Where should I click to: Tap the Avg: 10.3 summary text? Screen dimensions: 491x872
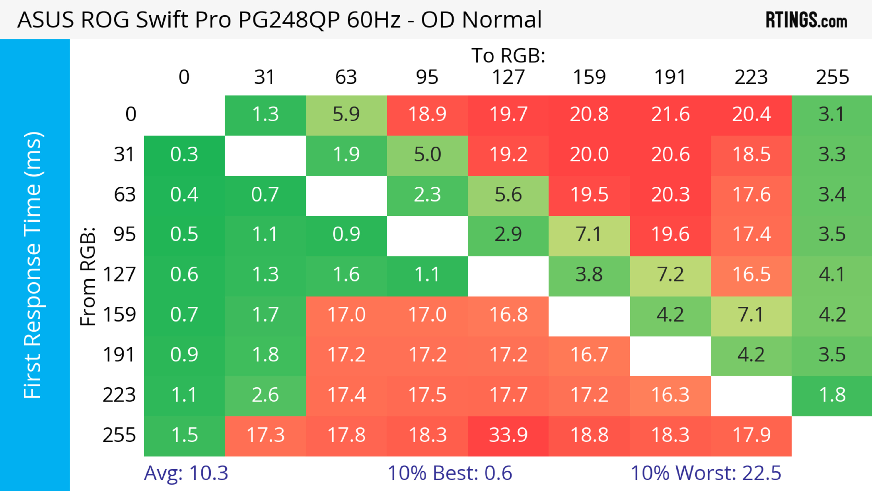click(186, 473)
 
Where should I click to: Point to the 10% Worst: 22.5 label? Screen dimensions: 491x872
click(706, 473)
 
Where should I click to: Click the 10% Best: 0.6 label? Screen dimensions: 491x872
click(450, 473)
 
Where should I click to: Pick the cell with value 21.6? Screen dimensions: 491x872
click(670, 115)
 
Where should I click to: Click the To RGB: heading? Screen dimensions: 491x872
click(508, 55)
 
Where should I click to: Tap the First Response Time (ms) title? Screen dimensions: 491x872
click(33, 265)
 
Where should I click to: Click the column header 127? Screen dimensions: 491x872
click(508, 77)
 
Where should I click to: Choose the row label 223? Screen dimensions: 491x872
click(119, 395)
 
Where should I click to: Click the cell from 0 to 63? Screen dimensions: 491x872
click(346, 115)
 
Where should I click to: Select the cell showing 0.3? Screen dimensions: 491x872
click(184, 155)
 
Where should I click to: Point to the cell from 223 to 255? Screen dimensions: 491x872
click(832, 395)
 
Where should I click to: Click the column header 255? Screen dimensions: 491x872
click(832, 77)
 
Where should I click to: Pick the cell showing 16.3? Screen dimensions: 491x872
click(670, 395)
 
